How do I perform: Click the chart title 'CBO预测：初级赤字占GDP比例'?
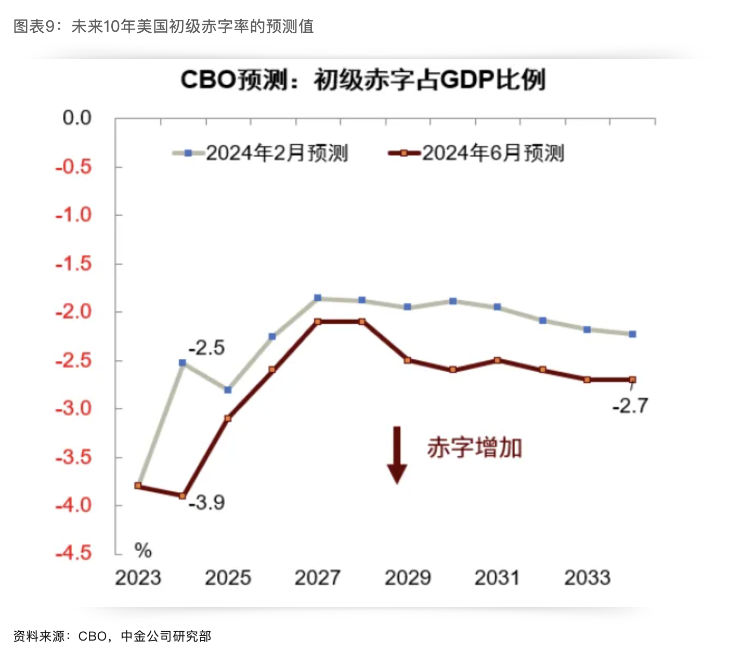pos(363,80)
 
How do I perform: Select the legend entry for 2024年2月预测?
pos(261,153)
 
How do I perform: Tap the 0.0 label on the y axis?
pos(77,118)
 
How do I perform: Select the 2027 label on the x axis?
pos(317,578)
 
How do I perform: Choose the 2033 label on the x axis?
pos(587,578)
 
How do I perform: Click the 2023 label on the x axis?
pos(138,578)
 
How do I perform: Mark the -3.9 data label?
pos(206,503)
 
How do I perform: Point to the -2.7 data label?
pos(630,406)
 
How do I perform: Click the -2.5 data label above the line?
pos(206,348)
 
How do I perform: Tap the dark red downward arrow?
pos(397,455)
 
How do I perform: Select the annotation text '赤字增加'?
pos(474,448)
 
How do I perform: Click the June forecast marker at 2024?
pos(183,496)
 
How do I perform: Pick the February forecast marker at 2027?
pos(318,298)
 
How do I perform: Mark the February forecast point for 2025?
pos(228,390)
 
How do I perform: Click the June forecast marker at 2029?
pos(408,360)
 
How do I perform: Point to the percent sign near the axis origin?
pos(143,550)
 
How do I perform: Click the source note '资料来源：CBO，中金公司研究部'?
pos(112,636)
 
